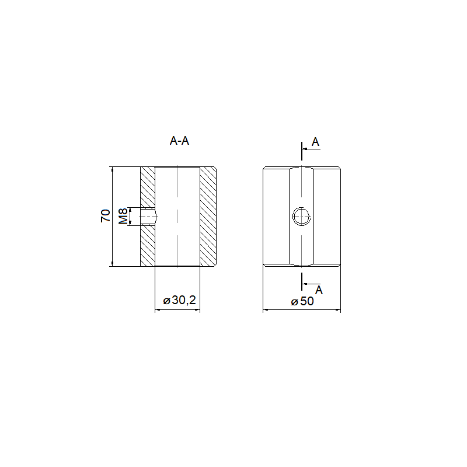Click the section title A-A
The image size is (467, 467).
click(179, 141)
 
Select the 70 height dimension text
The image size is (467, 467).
click(106, 215)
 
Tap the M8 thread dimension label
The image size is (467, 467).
click(123, 216)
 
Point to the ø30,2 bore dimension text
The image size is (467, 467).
click(180, 300)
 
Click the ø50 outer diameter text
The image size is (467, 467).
click(302, 301)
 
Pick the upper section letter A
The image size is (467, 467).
click(315, 142)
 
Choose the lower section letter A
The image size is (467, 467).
click(319, 290)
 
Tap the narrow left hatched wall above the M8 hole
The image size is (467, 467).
click(148, 187)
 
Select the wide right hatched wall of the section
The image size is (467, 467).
click(208, 217)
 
